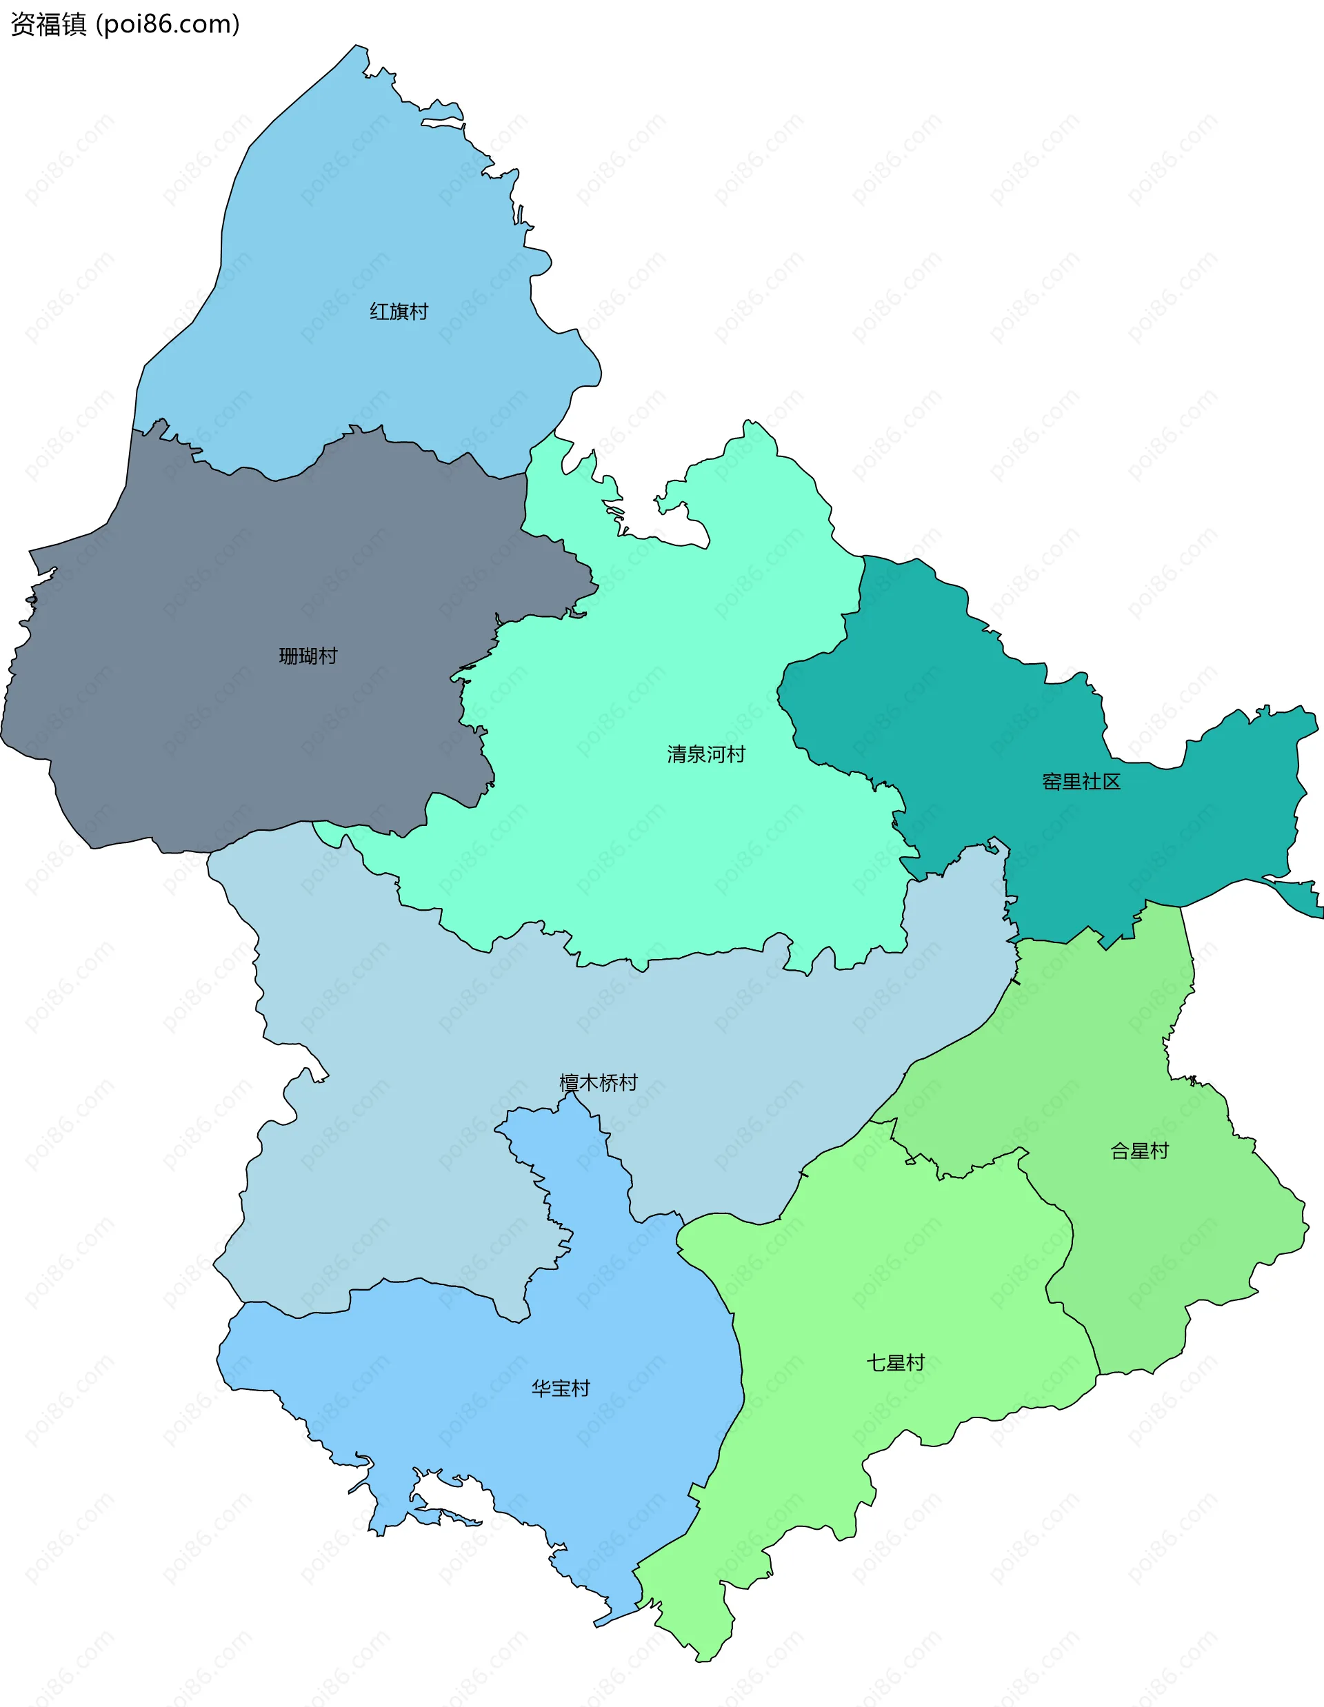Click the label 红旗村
(399, 312)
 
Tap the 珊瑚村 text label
(308, 656)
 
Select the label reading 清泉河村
(705, 754)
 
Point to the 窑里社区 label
(1081, 782)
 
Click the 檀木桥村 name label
(598, 1082)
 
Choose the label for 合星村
(1139, 1151)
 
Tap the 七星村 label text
(895, 1363)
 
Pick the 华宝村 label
(561, 1388)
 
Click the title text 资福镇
(48, 24)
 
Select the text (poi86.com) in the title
(168, 24)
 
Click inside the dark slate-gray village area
(195, 703)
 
